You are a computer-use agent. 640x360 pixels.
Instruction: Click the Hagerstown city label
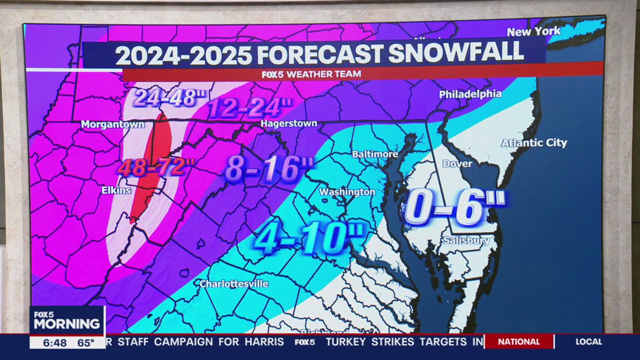(x=289, y=123)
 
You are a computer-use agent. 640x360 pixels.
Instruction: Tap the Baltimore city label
(x=375, y=154)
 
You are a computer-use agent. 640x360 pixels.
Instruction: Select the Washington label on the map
(x=347, y=192)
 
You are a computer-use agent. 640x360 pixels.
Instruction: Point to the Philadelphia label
(x=470, y=94)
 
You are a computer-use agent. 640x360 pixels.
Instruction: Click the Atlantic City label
(x=534, y=143)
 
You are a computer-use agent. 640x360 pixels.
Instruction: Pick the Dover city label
(x=457, y=163)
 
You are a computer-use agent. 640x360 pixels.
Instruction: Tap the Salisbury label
(x=466, y=241)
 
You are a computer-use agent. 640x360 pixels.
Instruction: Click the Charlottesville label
(x=234, y=283)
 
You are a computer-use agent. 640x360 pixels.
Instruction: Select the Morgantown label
(x=112, y=124)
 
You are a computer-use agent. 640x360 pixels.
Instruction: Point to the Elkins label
(x=116, y=190)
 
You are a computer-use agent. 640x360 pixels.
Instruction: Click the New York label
(x=533, y=32)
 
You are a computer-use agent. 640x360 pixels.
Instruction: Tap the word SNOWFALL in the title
(x=455, y=53)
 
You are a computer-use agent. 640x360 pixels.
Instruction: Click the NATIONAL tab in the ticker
(x=519, y=341)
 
